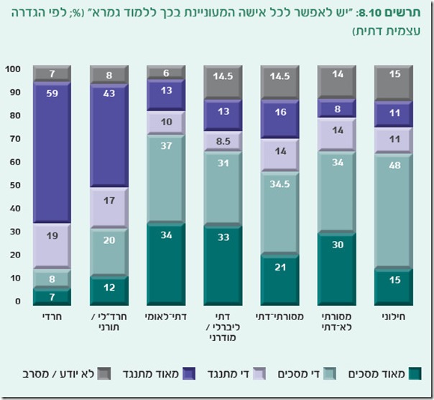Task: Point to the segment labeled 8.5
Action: point(223,141)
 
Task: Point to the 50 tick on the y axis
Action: point(14,186)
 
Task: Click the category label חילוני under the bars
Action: point(394,317)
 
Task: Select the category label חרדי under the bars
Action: point(52,317)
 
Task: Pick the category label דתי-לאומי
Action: point(166,317)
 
